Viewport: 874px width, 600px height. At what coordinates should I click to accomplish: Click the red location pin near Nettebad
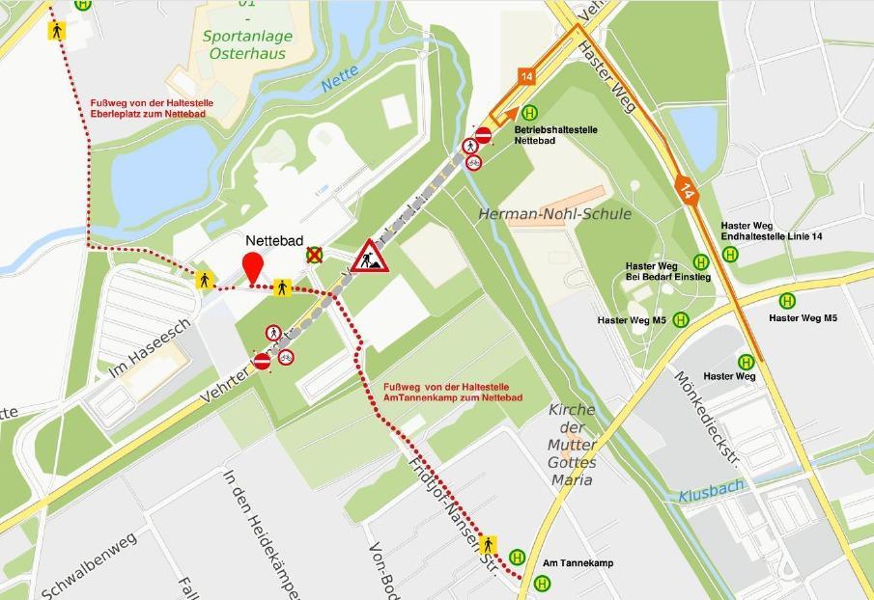253,266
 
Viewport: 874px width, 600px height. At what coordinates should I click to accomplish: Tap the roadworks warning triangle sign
369,257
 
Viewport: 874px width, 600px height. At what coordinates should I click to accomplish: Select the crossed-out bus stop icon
314,255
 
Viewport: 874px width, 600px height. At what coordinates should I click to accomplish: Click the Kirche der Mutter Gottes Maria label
572,445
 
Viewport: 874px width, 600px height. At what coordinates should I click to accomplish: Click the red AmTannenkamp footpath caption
445,391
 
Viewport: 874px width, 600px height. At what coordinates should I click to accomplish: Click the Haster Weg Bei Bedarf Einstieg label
667,271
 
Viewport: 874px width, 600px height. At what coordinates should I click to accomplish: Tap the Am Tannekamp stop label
578,562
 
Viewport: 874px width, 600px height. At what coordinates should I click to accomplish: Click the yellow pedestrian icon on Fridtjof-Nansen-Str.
488,545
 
